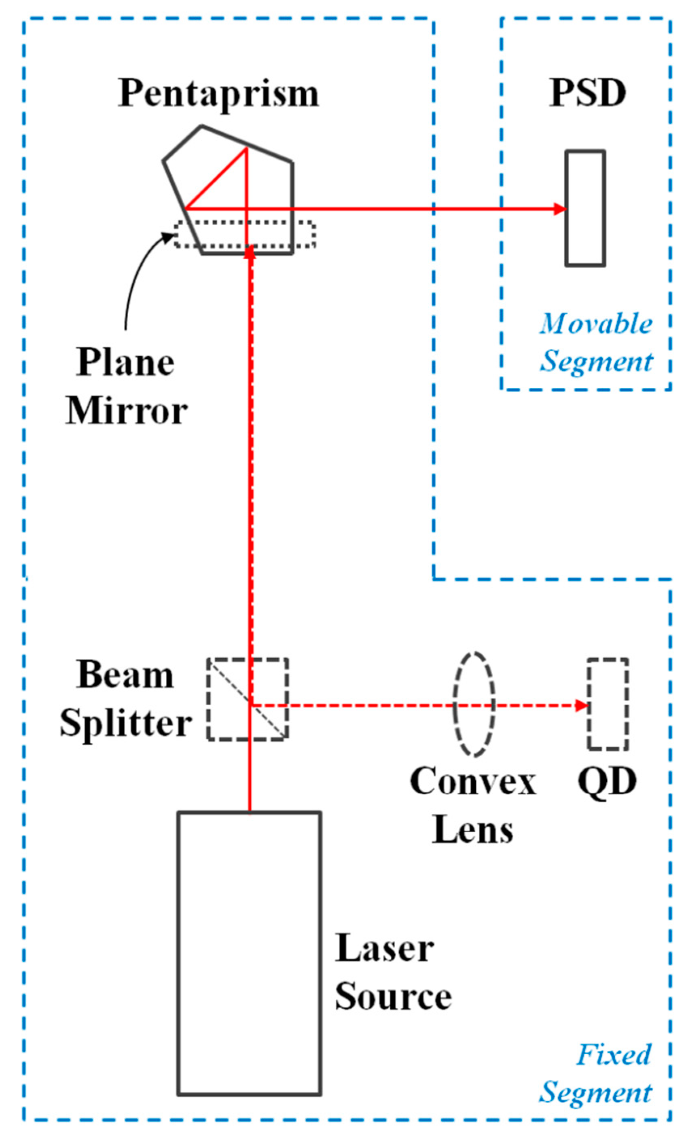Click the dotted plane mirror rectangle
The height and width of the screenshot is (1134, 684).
(304, 235)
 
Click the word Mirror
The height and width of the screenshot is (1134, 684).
(126, 411)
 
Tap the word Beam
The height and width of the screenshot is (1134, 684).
(125, 675)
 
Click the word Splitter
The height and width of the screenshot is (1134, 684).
(125, 724)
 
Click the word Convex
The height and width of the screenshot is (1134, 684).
(473, 781)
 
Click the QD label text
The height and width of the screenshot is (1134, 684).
(607, 781)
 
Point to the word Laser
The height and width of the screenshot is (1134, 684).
(384, 949)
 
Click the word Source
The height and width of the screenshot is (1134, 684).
(393, 997)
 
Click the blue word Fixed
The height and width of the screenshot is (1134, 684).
(614, 1055)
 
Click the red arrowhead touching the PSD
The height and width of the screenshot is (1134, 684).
(560, 209)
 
